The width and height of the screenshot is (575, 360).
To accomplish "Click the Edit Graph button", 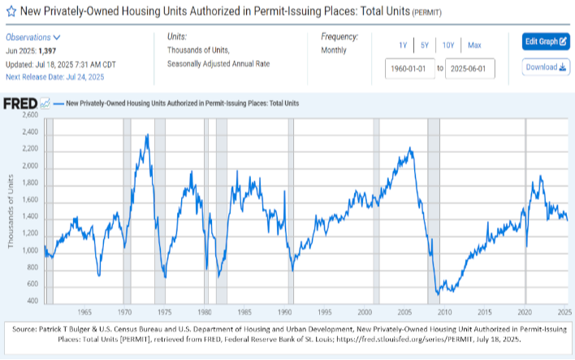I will pyautogui.click(x=545, y=41).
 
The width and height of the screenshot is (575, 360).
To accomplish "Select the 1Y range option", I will pyautogui.click(x=403, y=45).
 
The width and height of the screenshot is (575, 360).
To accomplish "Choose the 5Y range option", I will pyautogui.click(x=426, y=45).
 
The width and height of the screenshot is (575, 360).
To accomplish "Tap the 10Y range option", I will pyautogui.click(x=448, y=45).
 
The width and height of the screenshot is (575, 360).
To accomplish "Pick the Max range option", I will pyautogui.click(x=474, y=45).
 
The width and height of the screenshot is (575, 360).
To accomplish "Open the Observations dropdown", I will pyautogui.click(x=33, y=37).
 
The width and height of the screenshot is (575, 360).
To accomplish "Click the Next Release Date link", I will pyautogui.click(x=54, y=76).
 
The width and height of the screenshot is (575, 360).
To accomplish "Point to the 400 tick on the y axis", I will pyautogui.click(x=32, y=301).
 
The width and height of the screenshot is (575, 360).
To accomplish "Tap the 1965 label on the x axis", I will pyautogui.click(x=84, y=312).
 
